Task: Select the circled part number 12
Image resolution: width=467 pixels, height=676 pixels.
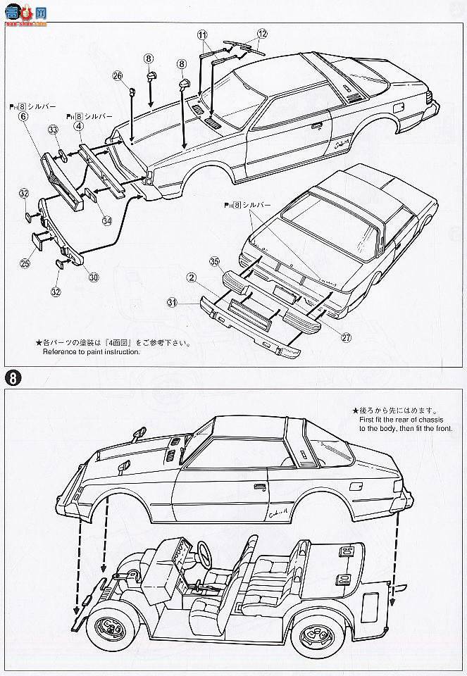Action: click(261, 33)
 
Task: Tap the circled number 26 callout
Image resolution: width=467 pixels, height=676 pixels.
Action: click(117, 75)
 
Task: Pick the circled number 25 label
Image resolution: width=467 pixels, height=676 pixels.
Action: click(25, 263)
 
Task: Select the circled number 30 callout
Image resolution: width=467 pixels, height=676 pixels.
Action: click(94, 277)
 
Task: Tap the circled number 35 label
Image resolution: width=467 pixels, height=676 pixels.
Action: click(214, 262)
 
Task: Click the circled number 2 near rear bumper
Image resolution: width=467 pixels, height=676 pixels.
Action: click(190, 278)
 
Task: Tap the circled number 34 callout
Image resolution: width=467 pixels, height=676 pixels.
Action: click(107, 220)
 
